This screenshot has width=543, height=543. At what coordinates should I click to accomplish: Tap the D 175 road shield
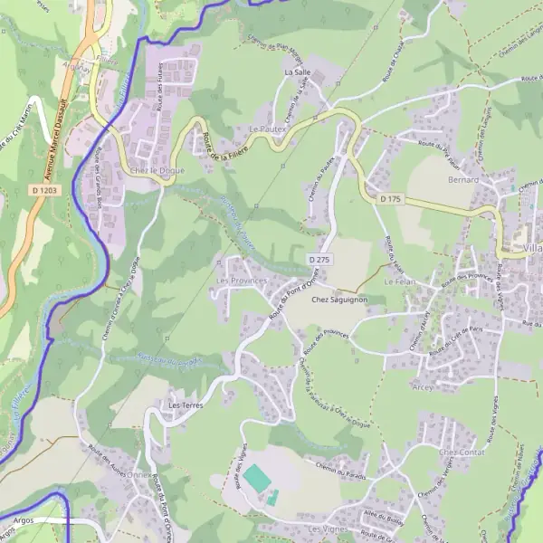pyautogui.click(x=390, y=198)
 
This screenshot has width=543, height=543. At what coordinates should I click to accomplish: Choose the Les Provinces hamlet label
pyautogui.click(x=243, y=281)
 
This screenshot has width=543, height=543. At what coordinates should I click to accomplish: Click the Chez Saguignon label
pyautogui.click(x=339, y=299)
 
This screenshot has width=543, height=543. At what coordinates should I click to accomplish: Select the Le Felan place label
pyautogui.click(x=399, y=282)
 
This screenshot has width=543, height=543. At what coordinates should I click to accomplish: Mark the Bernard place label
pyautogui.click(x=463, y=180)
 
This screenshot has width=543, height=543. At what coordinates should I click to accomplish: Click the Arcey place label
pyautogui.click(x=423, y=386)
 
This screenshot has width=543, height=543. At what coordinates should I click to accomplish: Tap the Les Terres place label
pyautogui.click(x=185, y=405)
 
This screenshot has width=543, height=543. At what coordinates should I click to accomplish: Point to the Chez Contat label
pyautogui.click(x=462, y=452)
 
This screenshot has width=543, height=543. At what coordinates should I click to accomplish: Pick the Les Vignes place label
pyautogui.click(x=328, y=528)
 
